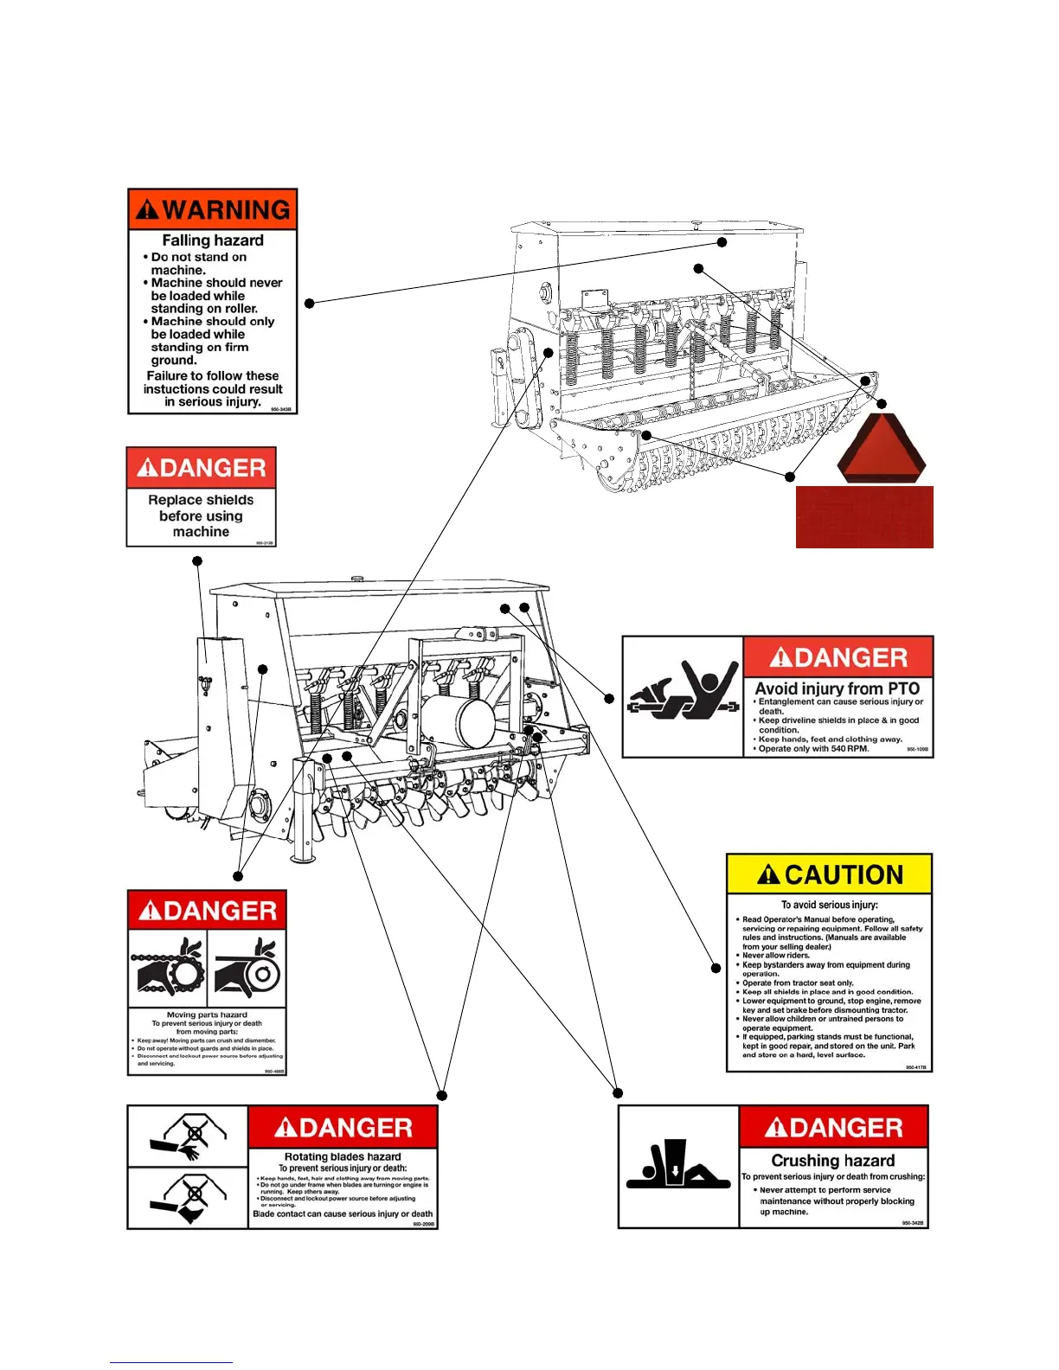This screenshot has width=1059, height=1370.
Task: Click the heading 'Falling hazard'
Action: (x=213, y=240)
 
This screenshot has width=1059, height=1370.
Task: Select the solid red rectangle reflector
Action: (x=864, y=516)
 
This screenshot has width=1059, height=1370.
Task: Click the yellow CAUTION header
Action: (x=829, y=874)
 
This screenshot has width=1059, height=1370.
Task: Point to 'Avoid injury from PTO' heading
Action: (x=837, y=688)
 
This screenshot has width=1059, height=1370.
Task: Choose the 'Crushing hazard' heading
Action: (x=832, y=1161)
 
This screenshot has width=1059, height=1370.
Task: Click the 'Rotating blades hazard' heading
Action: (x=343, y=1156)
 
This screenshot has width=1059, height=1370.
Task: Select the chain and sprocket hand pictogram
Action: (x=168, y=969)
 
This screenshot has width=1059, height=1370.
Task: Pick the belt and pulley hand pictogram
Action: (x=247, y=969)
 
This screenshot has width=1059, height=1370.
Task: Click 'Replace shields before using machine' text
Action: (x=201, y=515)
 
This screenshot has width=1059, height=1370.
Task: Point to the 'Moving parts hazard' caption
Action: (x=207, y=1015)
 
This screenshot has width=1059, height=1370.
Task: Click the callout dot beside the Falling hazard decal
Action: (x=309, y=303)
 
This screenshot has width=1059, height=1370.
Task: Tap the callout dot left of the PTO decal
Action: (x=608, y=698)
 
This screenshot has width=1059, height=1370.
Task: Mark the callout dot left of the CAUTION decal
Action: (x=716, y=968)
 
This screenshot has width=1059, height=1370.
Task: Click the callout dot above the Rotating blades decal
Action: (x=441, y=1095)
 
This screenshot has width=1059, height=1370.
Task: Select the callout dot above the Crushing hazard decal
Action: (x=617, y=1093)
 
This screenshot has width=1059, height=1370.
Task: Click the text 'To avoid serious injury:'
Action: (x=829, y=905)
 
